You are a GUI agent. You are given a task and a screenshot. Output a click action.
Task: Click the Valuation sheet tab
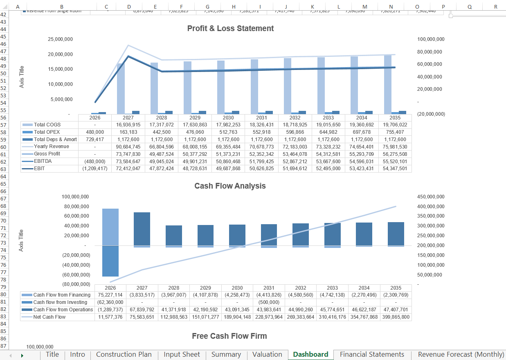267,355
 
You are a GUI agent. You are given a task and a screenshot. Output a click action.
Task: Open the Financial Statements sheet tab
372,355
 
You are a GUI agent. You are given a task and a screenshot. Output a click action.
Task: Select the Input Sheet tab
182,355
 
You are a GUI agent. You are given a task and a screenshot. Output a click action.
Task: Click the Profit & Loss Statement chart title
230,28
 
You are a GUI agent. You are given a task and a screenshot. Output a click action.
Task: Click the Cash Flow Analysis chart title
230,186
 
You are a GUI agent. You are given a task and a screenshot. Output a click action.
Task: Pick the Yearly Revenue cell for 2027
128,146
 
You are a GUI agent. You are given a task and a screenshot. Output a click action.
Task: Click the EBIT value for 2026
94,169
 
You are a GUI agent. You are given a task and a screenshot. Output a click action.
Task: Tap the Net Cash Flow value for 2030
237,317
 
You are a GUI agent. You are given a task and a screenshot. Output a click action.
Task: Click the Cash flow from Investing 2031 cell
269,302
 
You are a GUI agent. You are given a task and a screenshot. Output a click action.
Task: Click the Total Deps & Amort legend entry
55,139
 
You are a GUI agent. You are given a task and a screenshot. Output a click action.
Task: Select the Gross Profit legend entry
47,154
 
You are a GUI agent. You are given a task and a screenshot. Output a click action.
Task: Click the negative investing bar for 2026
110,261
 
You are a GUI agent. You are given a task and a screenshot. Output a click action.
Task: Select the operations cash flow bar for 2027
142,229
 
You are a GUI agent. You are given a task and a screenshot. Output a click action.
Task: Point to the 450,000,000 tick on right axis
431,197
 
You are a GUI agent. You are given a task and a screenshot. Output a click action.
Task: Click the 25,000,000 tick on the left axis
60,39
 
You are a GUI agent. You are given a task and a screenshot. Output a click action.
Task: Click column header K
312,7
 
